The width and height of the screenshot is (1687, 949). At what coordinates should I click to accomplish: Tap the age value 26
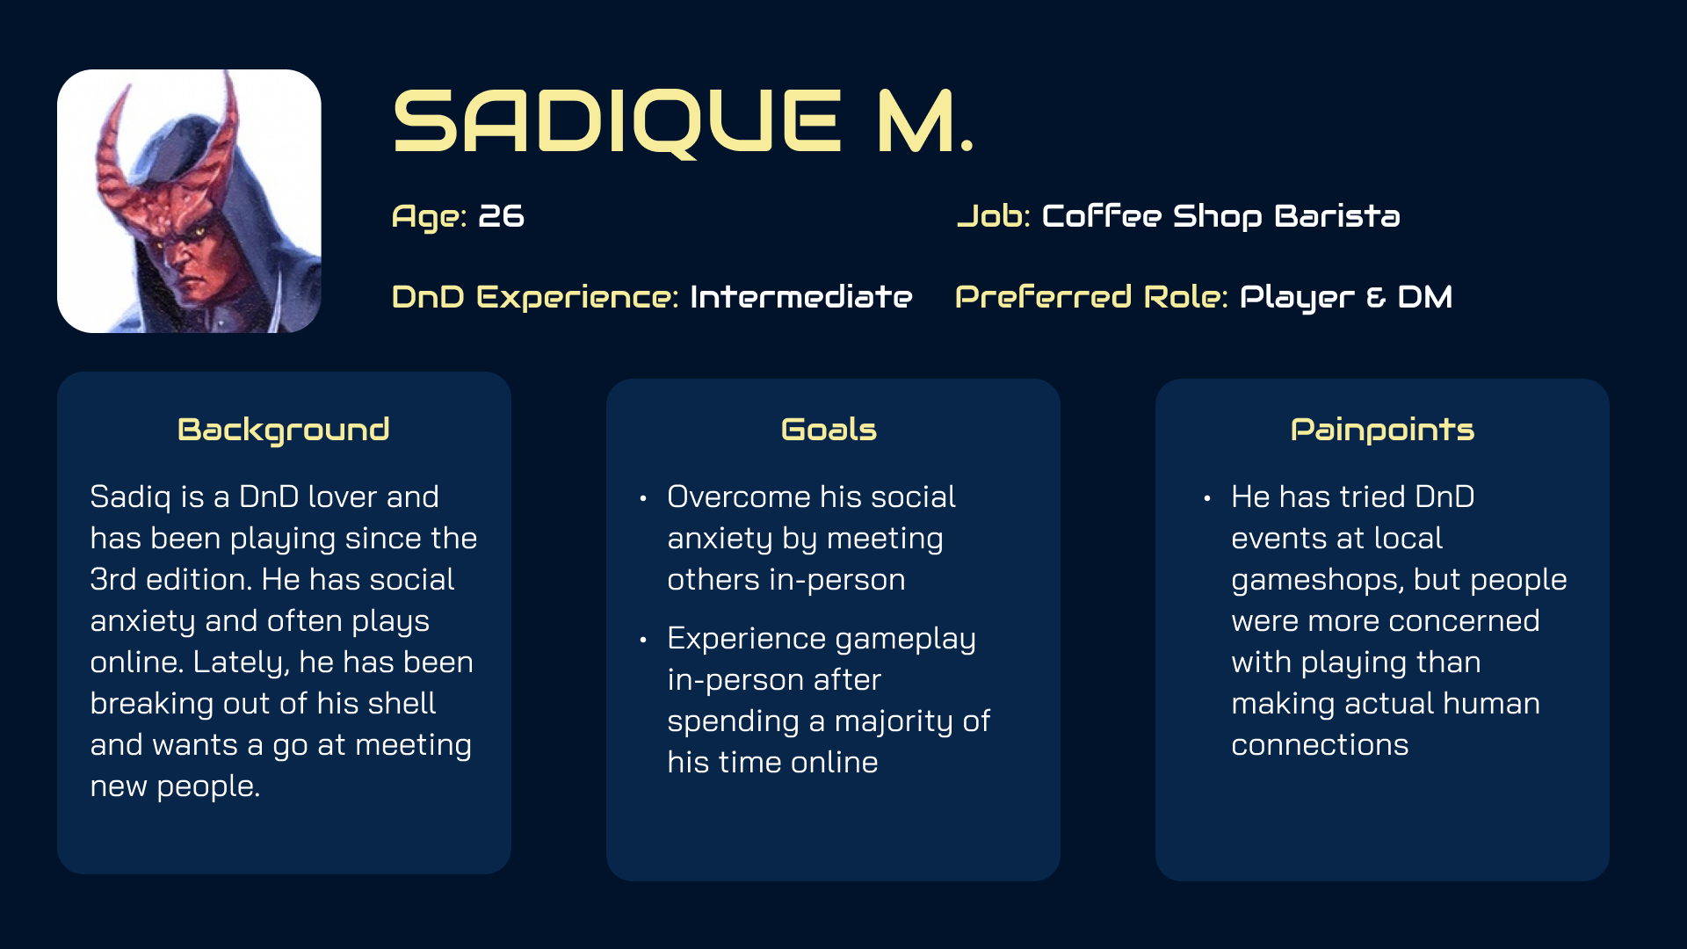click(501, 216)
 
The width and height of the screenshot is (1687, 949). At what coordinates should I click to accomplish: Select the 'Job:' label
click(993, 216)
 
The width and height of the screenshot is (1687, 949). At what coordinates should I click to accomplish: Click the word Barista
click(1336, 216)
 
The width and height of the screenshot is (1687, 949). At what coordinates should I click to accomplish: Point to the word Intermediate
click(800, 297)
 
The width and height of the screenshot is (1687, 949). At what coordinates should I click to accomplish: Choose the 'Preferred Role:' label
click(1091, 297)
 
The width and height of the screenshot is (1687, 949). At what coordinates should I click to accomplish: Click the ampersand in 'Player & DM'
click(1376, 298)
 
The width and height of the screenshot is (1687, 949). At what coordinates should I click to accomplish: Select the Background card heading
click(284, 431)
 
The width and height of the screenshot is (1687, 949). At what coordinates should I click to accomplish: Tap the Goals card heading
click(829, 430)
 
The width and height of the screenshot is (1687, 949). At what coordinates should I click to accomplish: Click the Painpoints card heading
click(1382, 431)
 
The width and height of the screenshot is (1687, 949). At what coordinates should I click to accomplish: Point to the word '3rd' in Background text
click(113, 580)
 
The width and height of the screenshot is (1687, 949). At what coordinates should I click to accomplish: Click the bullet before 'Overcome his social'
click(643, 499)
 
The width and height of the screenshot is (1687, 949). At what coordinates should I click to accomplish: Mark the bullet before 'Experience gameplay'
click(643, 641)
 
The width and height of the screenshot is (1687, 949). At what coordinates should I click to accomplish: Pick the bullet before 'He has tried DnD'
click(1207, 499)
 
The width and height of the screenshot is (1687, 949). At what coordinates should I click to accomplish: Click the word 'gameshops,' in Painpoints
click(1317, 581)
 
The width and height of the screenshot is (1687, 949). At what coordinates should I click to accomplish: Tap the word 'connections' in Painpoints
click(1320, 745)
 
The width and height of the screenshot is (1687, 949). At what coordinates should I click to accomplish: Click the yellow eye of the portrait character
click(200, 231)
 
